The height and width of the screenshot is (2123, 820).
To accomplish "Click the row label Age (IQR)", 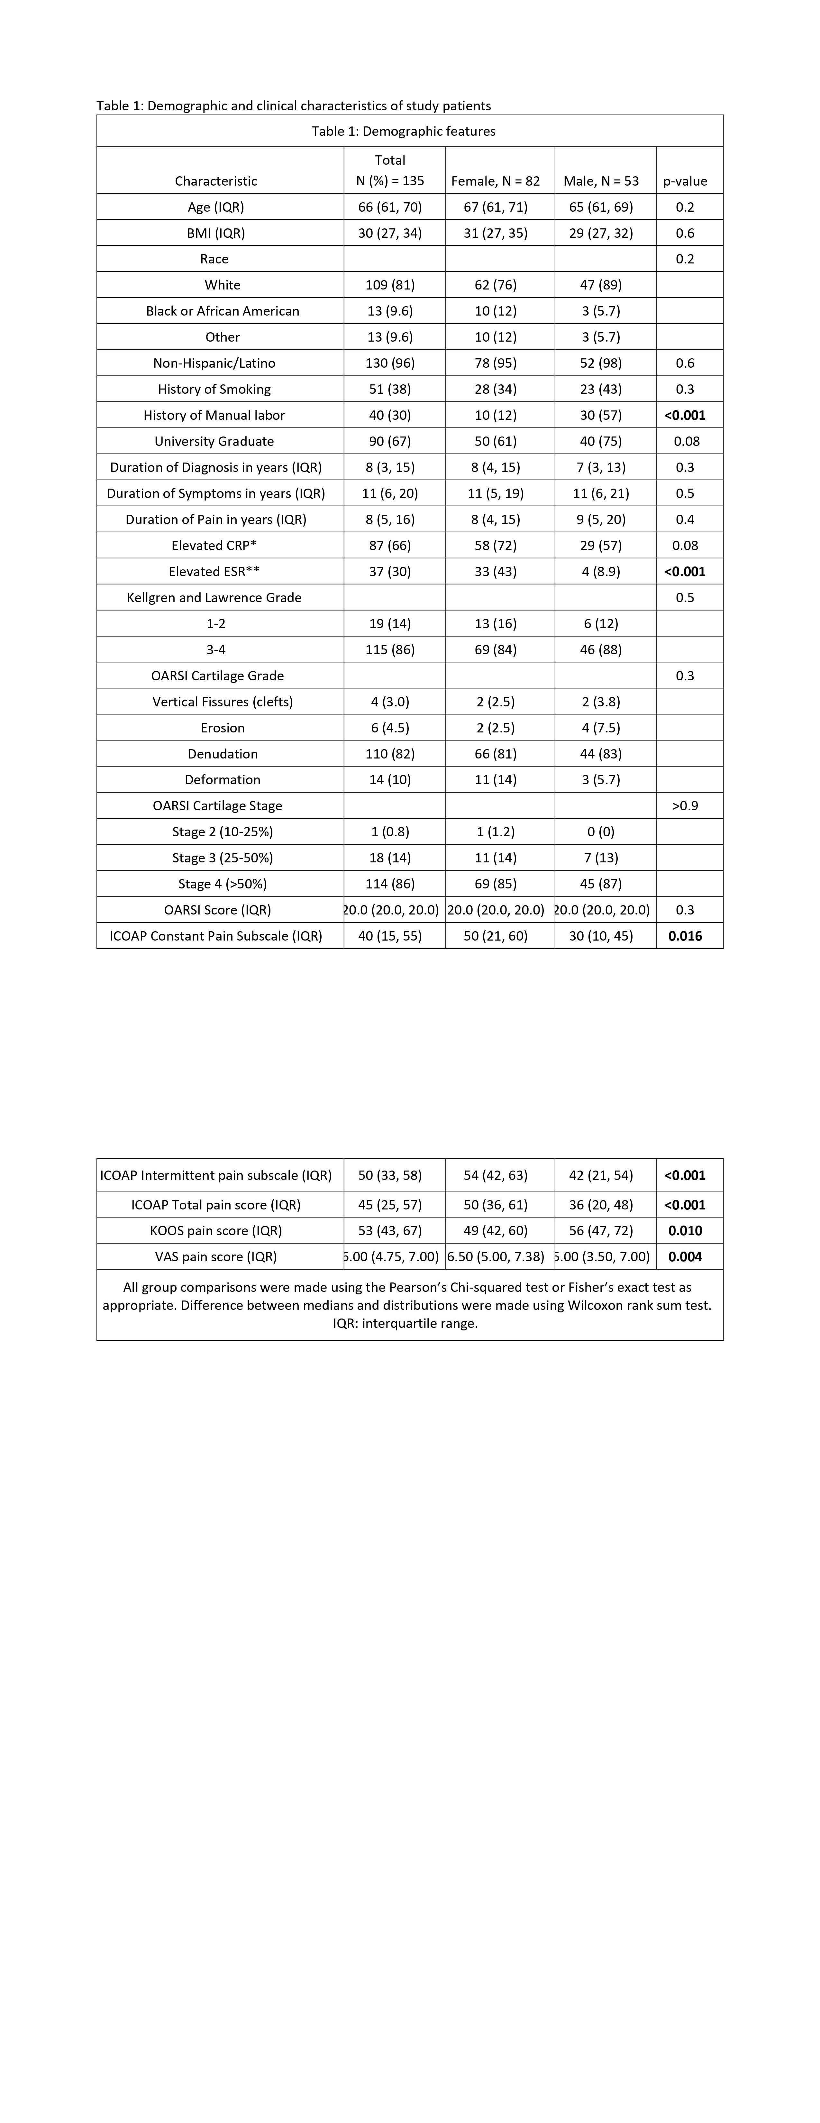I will tap(216, 207).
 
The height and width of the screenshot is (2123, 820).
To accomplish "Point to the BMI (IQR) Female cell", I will tap(495, 233).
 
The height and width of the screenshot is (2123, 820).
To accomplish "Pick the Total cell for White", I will tap(390, 285).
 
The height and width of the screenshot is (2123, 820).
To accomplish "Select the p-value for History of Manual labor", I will tap(685, 415).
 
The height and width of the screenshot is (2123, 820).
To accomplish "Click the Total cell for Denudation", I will tap(390, 754).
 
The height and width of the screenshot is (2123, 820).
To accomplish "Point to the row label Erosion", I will tap(223, 728).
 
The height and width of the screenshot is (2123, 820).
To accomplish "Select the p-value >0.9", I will tap(685, 806).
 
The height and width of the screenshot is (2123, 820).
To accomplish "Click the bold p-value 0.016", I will tap(685, 936).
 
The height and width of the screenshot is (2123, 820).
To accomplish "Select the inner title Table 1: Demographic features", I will tap(403, 131).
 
